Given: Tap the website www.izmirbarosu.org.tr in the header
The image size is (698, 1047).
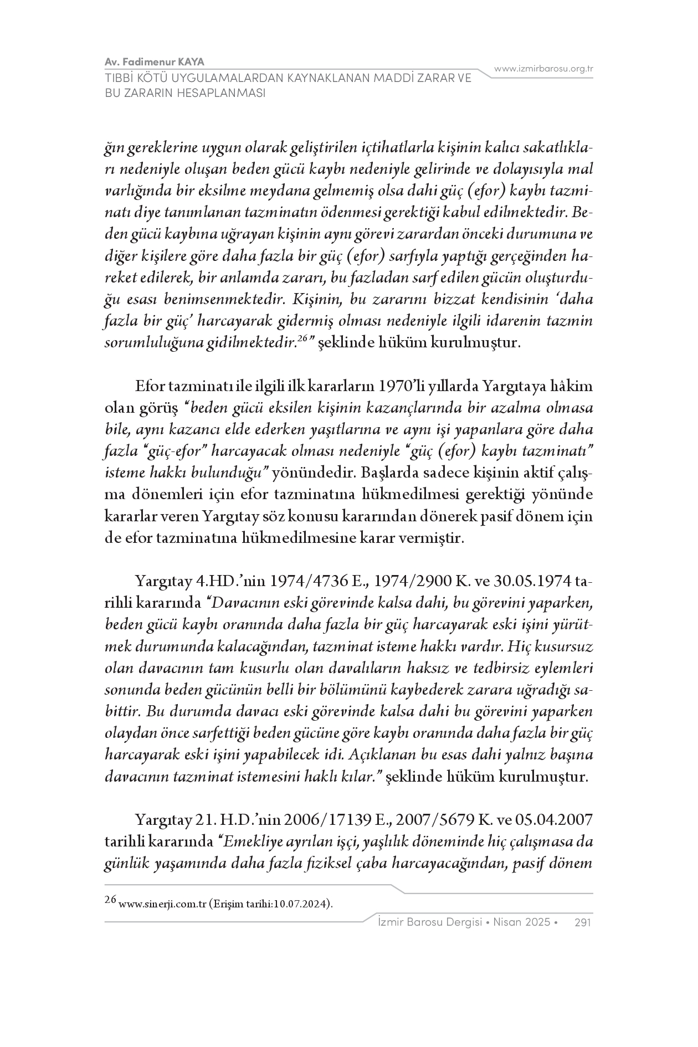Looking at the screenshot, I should (543, 69).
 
